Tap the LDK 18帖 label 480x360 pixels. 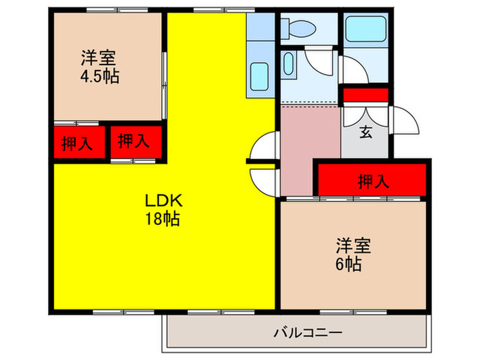click(x=162, y=210)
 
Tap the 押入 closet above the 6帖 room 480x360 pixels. click(x=374, y=181)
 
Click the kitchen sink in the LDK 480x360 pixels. click(x=260, y=75)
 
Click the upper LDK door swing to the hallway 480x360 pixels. click(x=265, y=147)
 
